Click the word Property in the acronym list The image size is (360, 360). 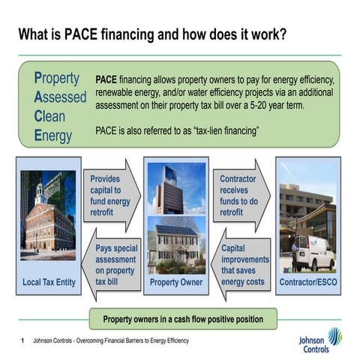pyautogui.click(x=57, y=78)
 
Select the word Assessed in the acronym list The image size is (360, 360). pyautogui.click(x=60, y=97)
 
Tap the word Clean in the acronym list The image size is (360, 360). pyautogui.click(x=49, y=117)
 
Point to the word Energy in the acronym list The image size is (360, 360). pyautogui.click(x=52, y=136)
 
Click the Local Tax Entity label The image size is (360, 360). pyautogui.click(x=49, y=282)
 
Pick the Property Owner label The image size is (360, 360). pyautogui.click(x=175, y=283)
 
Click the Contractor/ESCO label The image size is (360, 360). pyautogui.click(x=307, y=282)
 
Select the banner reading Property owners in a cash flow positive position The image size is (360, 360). pyautogui.click(x=183, y=319)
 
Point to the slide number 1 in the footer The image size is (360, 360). pyautogui.click(x=23, y=341)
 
